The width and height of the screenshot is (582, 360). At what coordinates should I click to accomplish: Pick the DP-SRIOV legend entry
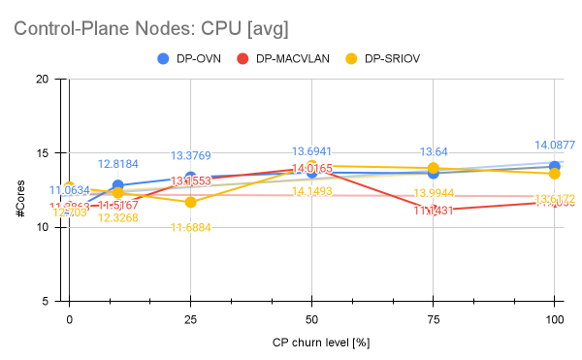(393, 58)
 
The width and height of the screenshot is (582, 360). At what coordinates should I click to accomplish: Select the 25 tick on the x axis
(190, 318)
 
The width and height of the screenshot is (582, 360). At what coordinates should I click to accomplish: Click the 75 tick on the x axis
(433, 318)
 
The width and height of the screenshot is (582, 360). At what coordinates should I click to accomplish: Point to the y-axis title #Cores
(20, 190)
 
